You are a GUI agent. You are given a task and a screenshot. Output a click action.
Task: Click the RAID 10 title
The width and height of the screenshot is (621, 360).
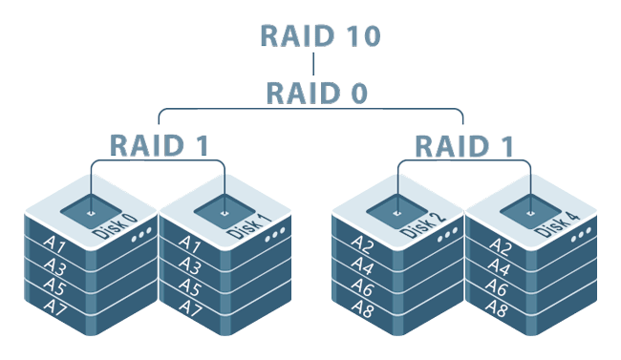coord(321,36)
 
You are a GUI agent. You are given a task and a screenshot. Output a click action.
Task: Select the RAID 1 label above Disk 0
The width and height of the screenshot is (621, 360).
coord(160,145)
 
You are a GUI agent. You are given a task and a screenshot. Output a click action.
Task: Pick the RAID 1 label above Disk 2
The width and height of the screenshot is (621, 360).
coord(464,145)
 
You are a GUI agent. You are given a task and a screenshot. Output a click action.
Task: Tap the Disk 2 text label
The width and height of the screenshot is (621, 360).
coord(421,224)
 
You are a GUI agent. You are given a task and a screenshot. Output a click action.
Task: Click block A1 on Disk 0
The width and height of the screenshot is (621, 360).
coord(54,244)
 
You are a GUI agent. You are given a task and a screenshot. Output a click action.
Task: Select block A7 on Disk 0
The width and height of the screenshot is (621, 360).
coord(54,307)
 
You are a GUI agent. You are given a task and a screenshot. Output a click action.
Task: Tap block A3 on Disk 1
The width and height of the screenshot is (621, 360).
coord(189,265)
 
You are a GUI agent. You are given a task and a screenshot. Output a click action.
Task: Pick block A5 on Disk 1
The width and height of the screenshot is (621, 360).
coord(189,286)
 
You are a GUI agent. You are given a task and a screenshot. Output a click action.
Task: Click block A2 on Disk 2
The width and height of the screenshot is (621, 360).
coord(362,244)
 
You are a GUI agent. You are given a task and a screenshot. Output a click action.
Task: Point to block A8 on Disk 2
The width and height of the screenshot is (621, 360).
coord(362,307)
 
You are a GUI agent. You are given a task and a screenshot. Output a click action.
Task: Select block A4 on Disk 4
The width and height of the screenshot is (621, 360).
coord(497,265)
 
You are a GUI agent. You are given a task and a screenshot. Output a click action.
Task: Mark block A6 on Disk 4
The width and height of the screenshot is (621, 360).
coord(497,286)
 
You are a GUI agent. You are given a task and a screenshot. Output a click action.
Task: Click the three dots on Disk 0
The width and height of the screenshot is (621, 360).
coord(140,236)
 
